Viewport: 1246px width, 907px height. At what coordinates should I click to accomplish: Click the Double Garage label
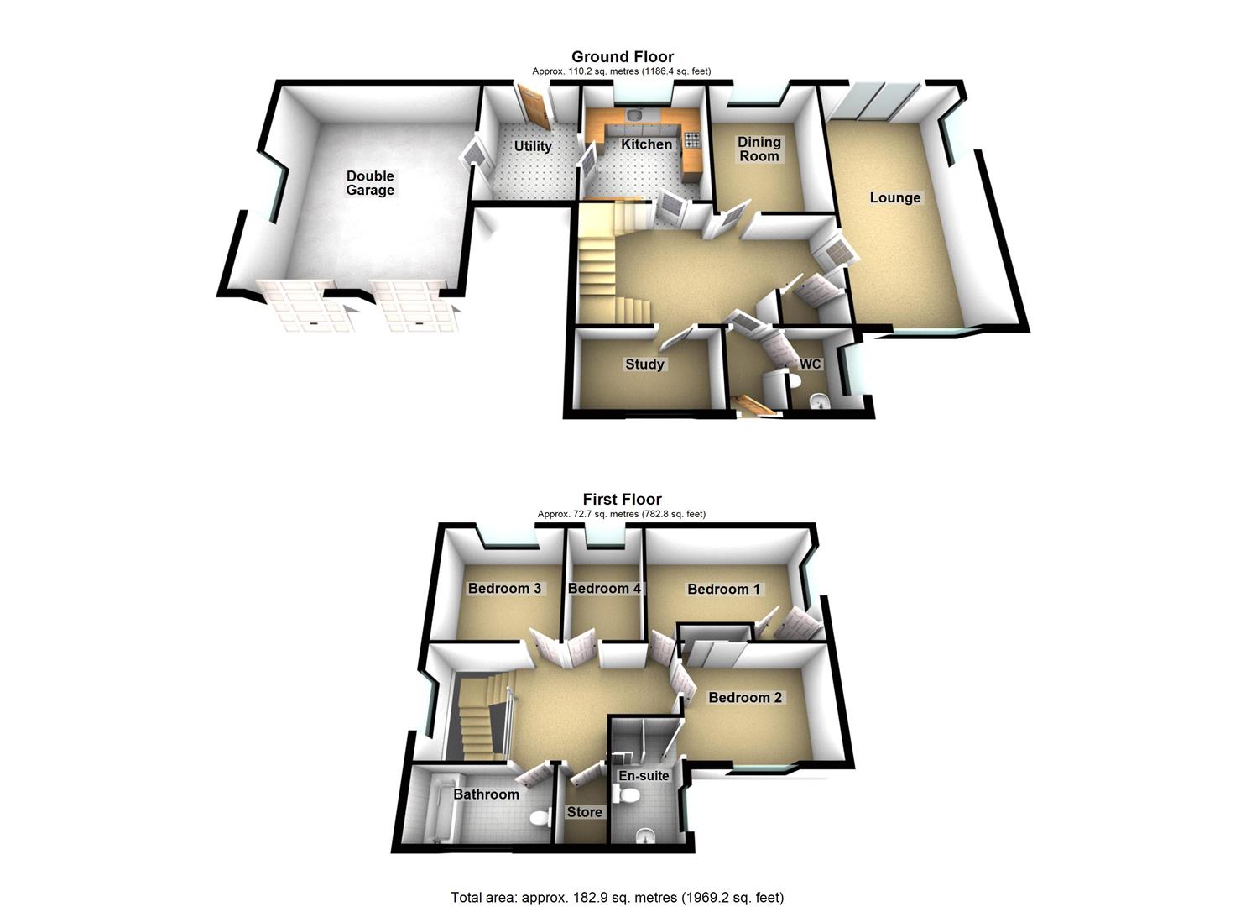(370, 183)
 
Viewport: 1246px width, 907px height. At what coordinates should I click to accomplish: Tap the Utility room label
(533, 146)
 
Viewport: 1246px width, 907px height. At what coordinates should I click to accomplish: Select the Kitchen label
(646, 144)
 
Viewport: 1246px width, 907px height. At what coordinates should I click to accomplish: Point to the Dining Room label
(759, 149)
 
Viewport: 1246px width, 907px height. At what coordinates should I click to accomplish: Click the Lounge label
(895, 198)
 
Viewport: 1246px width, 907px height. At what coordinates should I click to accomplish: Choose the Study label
(644, 364)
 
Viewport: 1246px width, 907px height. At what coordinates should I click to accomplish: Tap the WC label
(810, 364)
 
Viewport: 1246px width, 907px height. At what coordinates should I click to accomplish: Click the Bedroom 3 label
(504, 588)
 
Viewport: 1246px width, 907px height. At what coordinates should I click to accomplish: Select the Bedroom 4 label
(604, 588)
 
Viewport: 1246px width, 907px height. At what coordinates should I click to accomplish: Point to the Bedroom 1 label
(723, 589)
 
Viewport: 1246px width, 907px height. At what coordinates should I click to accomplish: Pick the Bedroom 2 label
(745, 698)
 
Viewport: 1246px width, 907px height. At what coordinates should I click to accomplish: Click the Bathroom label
(486, 794)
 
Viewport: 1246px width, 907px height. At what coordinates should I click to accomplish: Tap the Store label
(584, 812)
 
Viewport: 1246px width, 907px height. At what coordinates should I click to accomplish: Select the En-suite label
(644, 775)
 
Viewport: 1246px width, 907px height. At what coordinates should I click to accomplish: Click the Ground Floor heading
(622, 57)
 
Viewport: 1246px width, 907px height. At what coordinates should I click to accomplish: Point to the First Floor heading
(622, 500)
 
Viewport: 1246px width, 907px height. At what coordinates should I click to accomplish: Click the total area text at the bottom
(617, 897)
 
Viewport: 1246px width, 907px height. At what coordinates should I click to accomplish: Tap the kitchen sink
(636, 115)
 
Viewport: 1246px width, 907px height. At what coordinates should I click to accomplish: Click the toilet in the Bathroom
(541, 816)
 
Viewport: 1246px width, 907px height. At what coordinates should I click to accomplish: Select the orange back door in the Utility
(533, 107)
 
